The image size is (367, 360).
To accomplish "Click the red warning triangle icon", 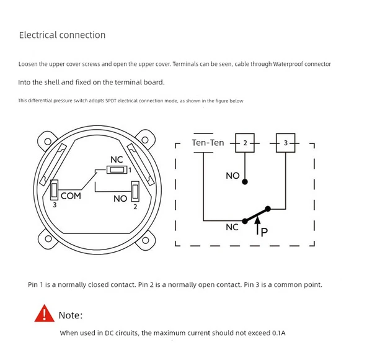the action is [45, 313].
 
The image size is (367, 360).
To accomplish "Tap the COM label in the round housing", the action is [71, 196].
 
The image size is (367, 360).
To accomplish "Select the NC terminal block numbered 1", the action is [117, 169].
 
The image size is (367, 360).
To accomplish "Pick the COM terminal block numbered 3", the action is [54, 190].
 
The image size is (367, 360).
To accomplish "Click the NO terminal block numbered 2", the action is [135, 192].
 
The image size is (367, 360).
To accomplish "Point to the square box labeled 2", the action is [245, 143].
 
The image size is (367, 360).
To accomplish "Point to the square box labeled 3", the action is [286, 143].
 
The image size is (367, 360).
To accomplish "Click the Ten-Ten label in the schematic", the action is [208, 143].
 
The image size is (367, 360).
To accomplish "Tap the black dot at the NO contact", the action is [245, 182].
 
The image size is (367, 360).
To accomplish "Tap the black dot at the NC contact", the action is [245, 221].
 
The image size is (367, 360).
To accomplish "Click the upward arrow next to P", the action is [257, 225].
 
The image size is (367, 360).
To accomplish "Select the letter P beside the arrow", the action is [264, 232].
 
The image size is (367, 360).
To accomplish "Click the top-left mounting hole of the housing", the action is [48, 142].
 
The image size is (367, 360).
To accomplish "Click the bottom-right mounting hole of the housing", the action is [146, 240].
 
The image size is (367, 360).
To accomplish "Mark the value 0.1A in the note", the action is [279, 333].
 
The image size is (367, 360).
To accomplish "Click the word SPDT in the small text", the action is [111, 101].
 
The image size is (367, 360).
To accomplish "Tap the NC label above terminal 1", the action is [117, 160].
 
